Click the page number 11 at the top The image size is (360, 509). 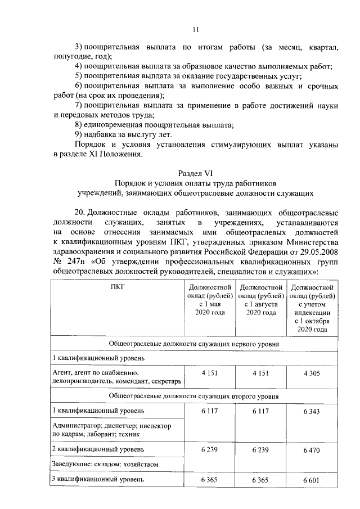(195, 30)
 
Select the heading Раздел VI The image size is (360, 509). (195, 173)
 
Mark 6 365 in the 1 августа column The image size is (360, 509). (261, 479)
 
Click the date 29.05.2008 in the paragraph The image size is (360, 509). (317, 251)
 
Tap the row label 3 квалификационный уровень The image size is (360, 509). (98, 479)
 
